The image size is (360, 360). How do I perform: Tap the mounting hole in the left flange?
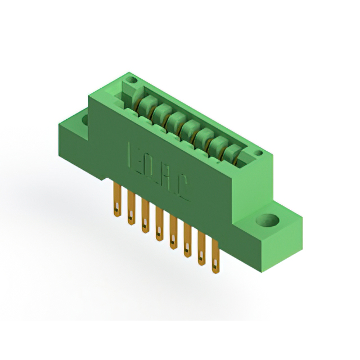point(85,119)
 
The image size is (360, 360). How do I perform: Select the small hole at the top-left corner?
point(133,81)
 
